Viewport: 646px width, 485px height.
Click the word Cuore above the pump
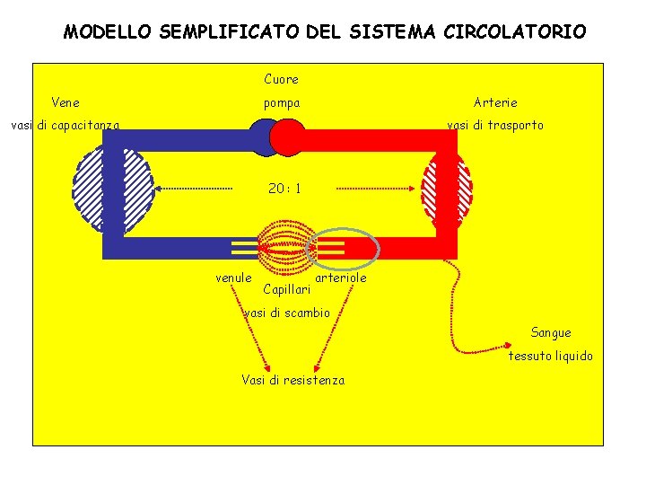pyautogui.click(x=281, y=79)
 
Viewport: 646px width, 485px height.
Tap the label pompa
pyautogui.click(x=281, y=103)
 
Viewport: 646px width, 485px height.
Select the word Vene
pyautogui.click(x=65, y=102)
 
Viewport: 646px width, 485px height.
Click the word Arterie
pyautogui.click(x=495, y=102)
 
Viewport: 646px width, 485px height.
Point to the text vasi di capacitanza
pyautogui.click(x=65, y=126)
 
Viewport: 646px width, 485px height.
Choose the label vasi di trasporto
pyautogui.click(x=495, y=125)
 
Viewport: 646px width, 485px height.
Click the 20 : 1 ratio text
pyautogui.click(x=284, y=189)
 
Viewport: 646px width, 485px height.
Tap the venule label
pyautogui.click(x=233, y=278)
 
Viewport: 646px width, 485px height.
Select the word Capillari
pyautogui.click(x=287, y=289)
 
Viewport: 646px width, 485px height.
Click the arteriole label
pyautogui.click(x=342, y=278)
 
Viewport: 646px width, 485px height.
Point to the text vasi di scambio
pyautogui.click(x=287, y=313)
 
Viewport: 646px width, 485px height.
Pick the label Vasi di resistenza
pyautogui.click(x=292, y=380)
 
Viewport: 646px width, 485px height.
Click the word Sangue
pyautogui.click(x=551, y=332)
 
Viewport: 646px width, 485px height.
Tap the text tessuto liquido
pyautogui.click(x=551, y=356)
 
